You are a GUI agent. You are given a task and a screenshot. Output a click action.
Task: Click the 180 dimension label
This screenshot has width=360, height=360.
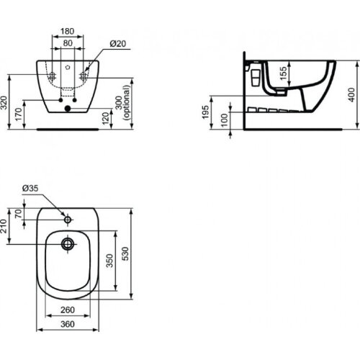[67, 31]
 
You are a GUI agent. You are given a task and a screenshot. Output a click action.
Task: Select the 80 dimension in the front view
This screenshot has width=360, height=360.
[67, 42]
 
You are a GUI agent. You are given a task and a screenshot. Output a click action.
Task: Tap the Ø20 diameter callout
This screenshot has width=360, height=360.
[117, 44]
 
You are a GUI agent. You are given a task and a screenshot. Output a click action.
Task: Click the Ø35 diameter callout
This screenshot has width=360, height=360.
[30, 189]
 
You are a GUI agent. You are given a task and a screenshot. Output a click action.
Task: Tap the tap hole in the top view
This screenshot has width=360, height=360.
[70, 217]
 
